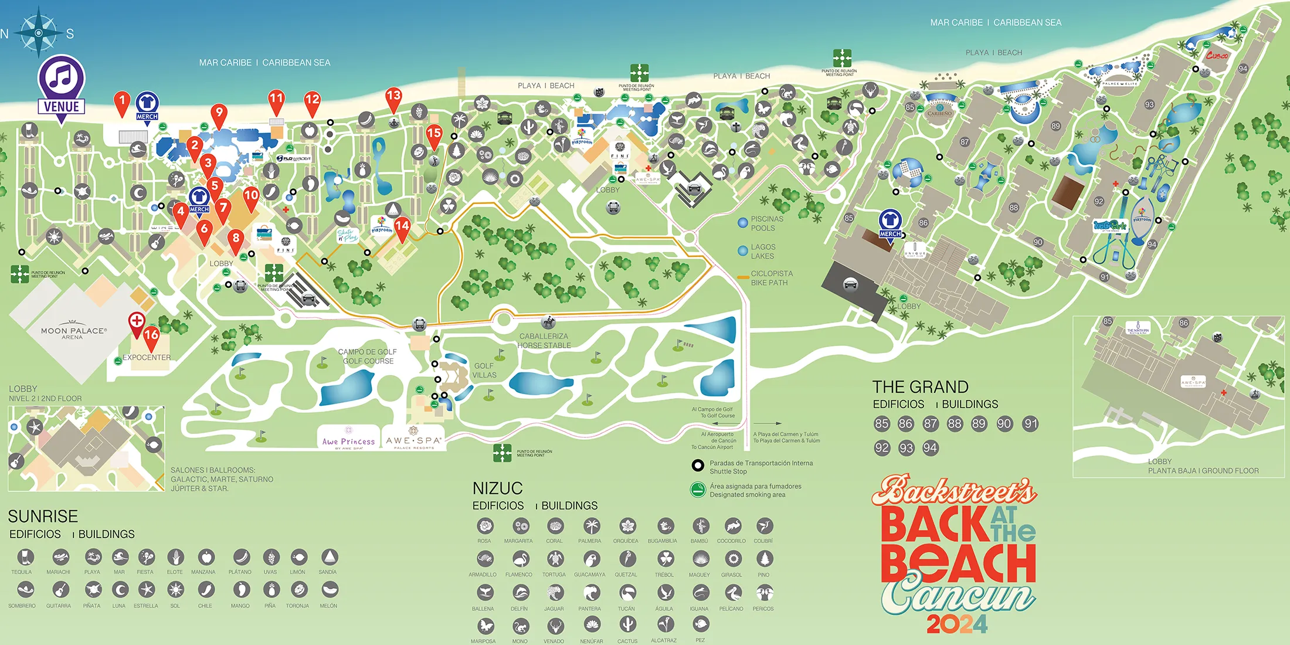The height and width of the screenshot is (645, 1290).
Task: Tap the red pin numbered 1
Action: (x=122, y=101)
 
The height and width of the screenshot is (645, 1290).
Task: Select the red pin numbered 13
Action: (x=393, y=97)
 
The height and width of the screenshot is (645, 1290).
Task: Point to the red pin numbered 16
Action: (x=151, y=336)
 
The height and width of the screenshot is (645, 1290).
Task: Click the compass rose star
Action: (x=39, y=32)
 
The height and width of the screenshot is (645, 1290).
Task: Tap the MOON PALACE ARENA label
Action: (x=73, y=332)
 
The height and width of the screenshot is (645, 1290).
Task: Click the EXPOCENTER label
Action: (x=147, y=357)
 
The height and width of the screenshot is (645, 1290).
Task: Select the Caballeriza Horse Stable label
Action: (x=544, y=341)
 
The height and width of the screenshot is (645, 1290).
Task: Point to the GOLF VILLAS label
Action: (x=484, y=370)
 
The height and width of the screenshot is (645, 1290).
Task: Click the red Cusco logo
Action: (x=1217, y=56)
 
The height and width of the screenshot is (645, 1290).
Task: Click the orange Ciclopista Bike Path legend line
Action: (x=743, y=277)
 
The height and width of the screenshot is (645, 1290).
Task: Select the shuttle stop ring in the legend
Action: (x=698, y=466)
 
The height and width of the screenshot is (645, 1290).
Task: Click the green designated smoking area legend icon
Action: (x=698, y=490)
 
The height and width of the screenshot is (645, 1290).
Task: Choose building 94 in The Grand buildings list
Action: (x=930, y=448)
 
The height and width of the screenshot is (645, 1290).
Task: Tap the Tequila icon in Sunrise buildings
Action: (x=25, y=557)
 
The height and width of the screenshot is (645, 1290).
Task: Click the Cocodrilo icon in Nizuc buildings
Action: (x=732, y=526)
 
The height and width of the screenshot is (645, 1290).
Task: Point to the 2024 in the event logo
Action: (x=957, y=624)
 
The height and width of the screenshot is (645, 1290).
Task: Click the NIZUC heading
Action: (x=497, y=488)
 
